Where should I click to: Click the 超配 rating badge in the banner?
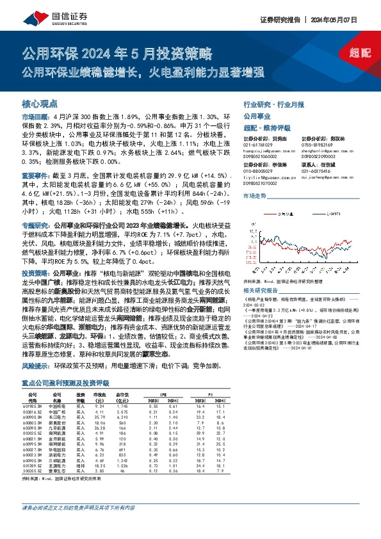(x=360, y=52)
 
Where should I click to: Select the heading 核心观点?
(x=40, y=103)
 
